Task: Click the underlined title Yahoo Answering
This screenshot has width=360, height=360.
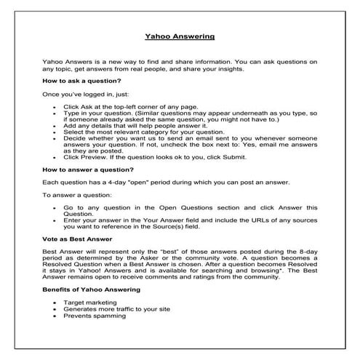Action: (180, 36)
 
